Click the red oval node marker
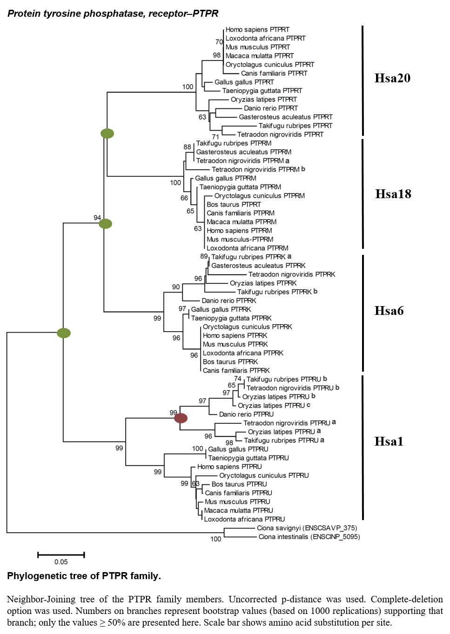(181, 418)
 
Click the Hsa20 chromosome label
(392, 78)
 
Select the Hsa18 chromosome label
(393, 194)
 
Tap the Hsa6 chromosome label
(389, 311)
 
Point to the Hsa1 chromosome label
(389, 441)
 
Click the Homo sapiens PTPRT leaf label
(257, 30)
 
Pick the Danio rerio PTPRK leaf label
(229, 300)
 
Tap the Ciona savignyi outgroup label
(307, 528)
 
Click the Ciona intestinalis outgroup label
(309, 537)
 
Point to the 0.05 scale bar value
(61, 562)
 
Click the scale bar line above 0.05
(61, 555)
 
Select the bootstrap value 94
(97, 218)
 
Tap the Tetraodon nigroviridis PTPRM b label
(259, 169)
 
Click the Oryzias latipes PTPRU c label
(274, 406)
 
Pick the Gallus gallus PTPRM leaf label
(225, 178)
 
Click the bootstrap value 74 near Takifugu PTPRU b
(238, 379)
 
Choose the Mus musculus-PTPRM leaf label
(240, 240)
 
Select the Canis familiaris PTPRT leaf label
(274, 73)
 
